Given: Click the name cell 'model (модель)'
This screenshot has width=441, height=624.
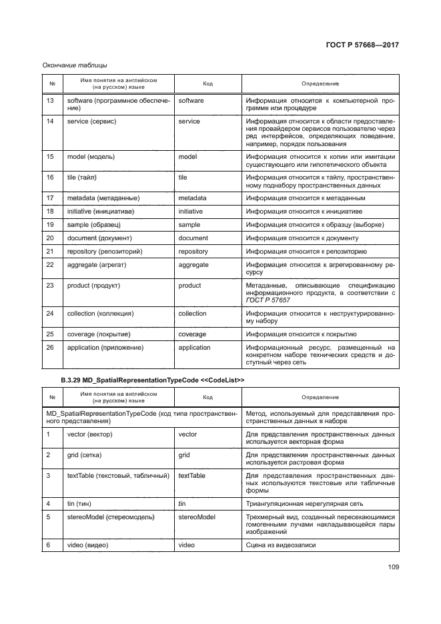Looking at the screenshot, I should coord(91,156).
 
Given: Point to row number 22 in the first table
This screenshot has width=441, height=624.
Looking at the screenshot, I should coord(50,264).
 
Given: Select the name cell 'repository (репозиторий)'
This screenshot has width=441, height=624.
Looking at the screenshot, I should coord(105,252).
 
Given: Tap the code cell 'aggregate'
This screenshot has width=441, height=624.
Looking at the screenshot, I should coord(193,264).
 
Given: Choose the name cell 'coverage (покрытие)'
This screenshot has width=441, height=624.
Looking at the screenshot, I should coord(99,334).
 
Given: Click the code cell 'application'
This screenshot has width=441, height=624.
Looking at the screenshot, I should coord(194,347).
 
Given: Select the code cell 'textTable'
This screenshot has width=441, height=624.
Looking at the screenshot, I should coord(191,476).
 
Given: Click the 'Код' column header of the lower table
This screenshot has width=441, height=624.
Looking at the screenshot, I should coord(207,397).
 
